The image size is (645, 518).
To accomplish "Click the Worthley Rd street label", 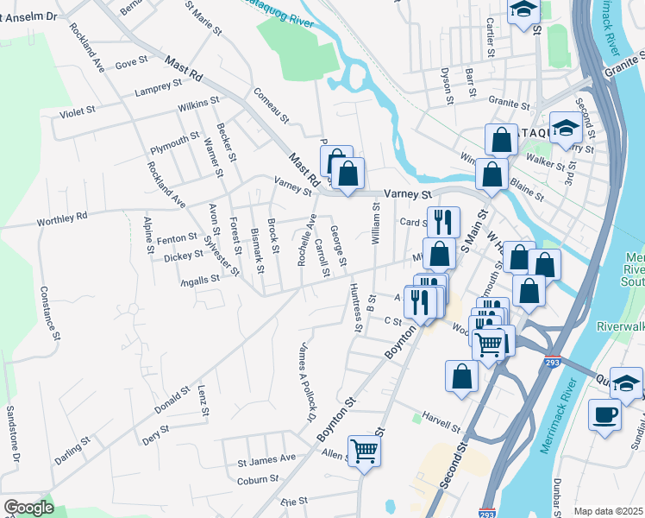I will pos(62,221).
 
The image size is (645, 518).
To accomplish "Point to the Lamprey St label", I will pos(158,88).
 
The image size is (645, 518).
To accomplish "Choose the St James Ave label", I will pos(266,459).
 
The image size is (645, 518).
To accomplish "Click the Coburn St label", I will pos(259,478).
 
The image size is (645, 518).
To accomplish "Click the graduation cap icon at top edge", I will pos(523,10).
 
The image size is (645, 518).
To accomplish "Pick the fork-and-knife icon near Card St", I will pos(443,220).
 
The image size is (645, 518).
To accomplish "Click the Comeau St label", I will pos(269,103).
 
